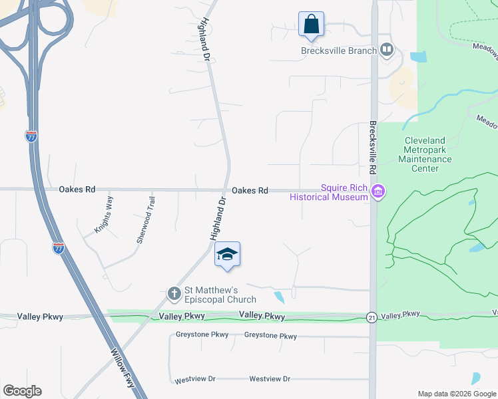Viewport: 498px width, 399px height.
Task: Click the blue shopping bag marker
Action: (x=311, y=25)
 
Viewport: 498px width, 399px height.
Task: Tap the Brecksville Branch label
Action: (x=338, y=51)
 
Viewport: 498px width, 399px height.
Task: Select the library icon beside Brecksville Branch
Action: (x=386, y=50)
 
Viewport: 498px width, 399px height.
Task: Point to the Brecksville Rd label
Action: (x=373, y=152)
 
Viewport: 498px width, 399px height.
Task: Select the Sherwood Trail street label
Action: (x=145, y=219)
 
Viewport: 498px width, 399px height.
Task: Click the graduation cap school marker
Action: (x=227, y=255)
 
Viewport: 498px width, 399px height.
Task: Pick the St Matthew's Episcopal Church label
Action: (x=210, y=295)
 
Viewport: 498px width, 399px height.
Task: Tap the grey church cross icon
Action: (x=174, y=293)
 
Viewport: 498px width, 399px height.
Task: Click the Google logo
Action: (x=22, y=391)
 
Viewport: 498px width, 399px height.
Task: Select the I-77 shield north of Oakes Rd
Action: (x=31, y=136)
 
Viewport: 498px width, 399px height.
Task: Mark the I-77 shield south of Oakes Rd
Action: (x=59, y=248)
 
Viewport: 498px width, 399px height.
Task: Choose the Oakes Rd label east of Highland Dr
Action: (x=250, y=191)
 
